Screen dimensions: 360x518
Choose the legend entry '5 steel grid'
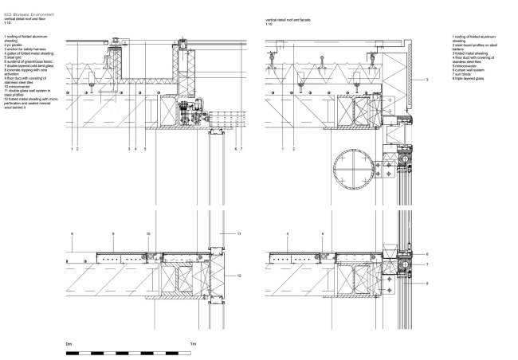(x=14, y=58)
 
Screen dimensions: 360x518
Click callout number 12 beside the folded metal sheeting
(x=237, y=274)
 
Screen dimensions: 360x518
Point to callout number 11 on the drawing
(x=237, y=233)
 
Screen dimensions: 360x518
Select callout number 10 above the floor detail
(x=147, y=233)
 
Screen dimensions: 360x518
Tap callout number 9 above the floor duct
(x=113, y=233)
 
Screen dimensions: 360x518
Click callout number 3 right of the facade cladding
(x=427, y=81)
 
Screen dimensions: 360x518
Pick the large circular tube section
(x=349, y=169)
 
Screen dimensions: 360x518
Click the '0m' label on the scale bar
(x=69, y=343)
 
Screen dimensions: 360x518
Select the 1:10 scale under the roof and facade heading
(x=268, y=22)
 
